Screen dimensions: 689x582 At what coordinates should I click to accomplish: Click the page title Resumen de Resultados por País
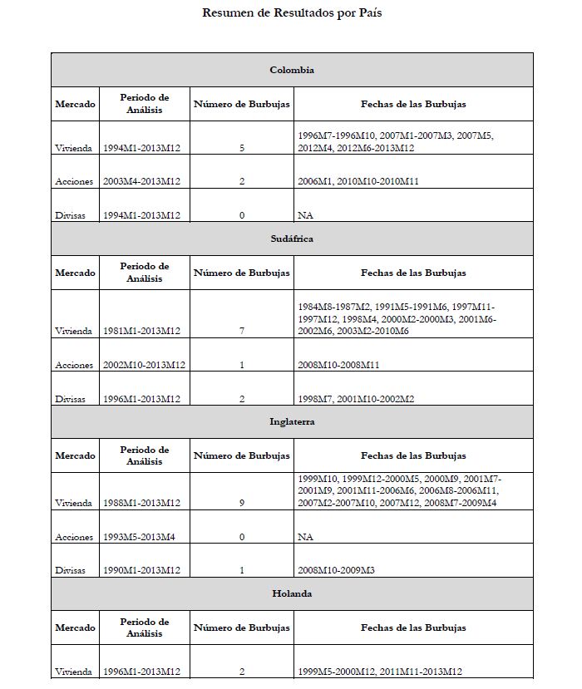[x=292, y=13]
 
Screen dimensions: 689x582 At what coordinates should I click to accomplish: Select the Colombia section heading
[x=292, y=70]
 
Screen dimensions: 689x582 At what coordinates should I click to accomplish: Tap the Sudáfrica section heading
[x=292, y=239]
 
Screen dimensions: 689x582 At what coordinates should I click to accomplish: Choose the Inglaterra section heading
[x=292, y=421]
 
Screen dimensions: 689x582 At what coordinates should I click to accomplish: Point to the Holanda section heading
[x=292, y=594]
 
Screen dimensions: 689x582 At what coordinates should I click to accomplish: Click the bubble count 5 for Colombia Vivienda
[x=242, y=148]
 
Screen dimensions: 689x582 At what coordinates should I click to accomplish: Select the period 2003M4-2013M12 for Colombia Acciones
[x=142, y=181]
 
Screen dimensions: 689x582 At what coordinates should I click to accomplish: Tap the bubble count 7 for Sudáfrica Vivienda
[x=242, y=331]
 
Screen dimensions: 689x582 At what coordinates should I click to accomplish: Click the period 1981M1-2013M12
[x=142, y=331]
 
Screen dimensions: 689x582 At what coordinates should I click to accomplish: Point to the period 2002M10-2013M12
[x=142, y=365]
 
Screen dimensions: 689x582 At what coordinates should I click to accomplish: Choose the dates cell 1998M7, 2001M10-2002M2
[x=356, y=399]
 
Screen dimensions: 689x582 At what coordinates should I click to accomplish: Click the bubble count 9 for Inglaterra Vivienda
[x=242, y=504]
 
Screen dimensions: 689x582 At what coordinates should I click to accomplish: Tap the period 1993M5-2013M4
[x=138, y=537]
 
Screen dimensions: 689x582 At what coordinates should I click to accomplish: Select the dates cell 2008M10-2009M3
[x=337, y=570]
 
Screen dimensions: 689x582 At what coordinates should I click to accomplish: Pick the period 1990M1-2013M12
[x=142, y=570]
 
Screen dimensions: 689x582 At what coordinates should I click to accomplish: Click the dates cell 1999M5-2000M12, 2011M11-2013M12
[x=379, y=672]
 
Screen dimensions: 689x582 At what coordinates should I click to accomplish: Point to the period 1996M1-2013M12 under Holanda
[x=142, y=672]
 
